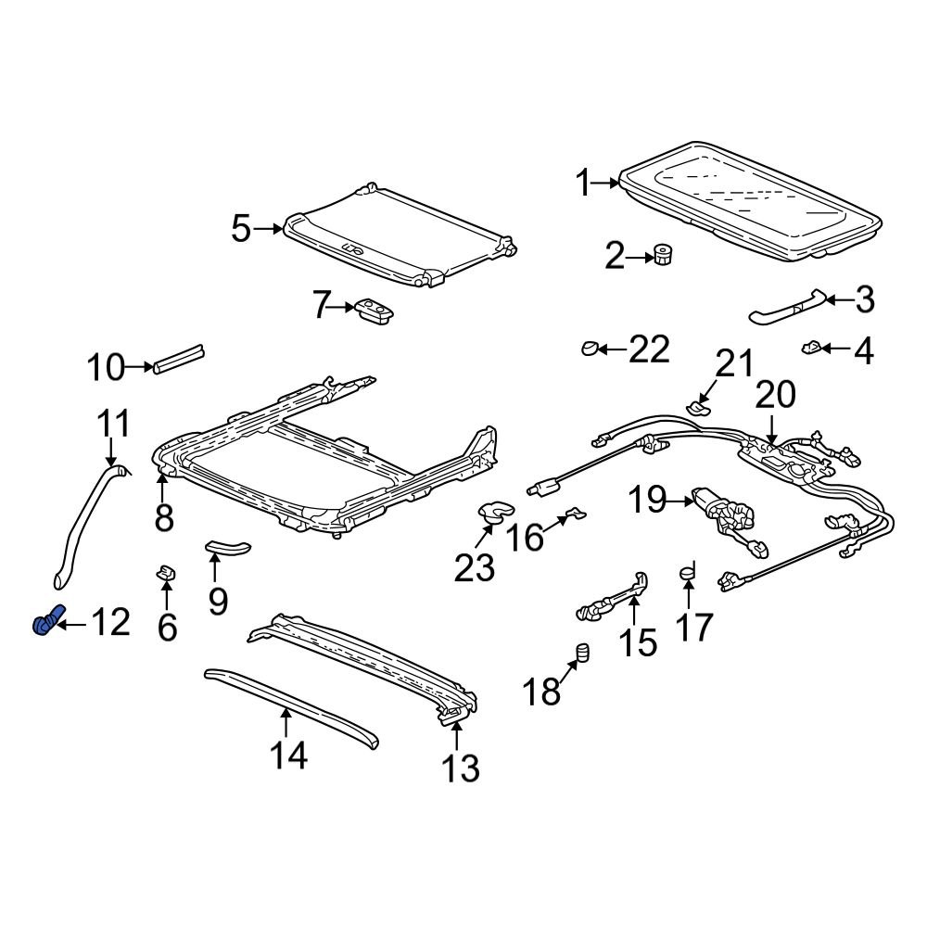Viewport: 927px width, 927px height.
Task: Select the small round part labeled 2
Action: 664,254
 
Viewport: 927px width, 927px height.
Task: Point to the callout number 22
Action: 648,349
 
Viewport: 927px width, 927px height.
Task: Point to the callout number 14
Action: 287,756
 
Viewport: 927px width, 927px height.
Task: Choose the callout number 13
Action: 460,768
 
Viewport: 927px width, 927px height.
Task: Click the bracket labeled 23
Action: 493,510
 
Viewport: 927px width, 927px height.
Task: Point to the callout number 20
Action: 775,395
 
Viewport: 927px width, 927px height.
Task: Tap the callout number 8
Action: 164,519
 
